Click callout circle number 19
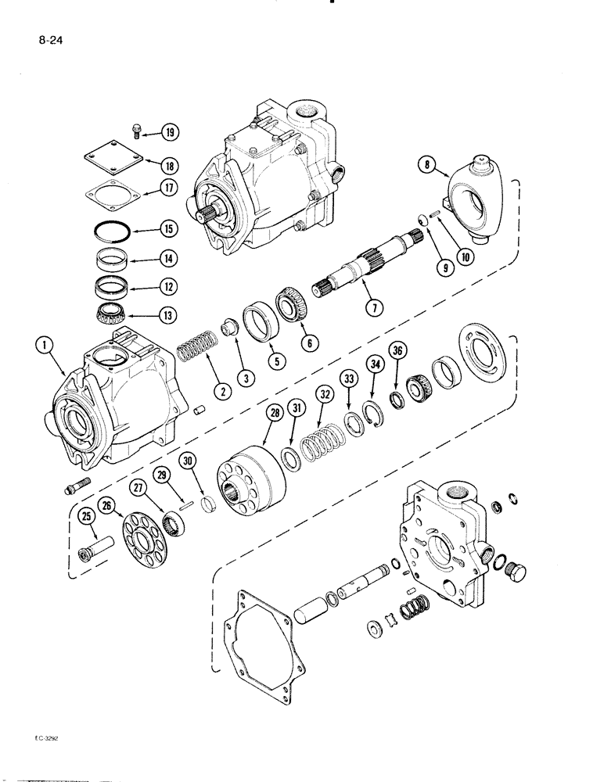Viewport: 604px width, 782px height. pos(170,132)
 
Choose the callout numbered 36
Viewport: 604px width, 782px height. pos(397,375)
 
